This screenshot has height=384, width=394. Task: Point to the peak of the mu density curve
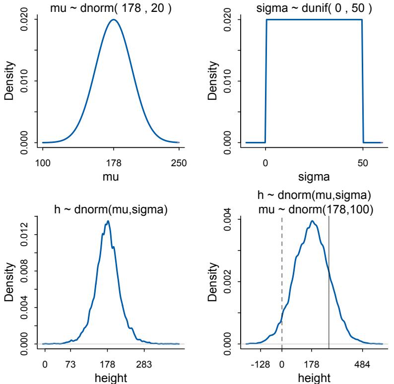pyautogui.click(x=114, y=20)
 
